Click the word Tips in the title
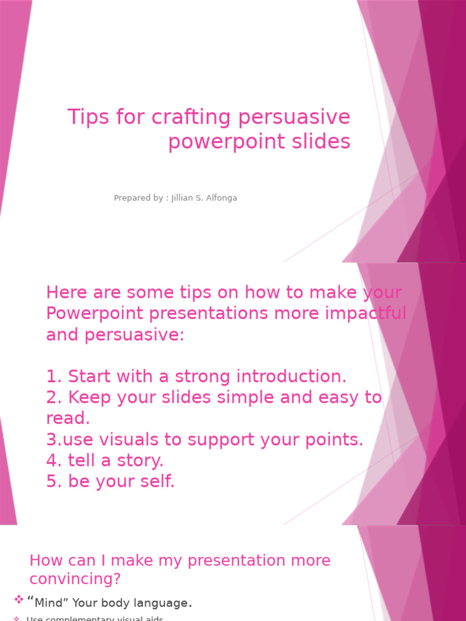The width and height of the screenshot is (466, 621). tap(86, 117)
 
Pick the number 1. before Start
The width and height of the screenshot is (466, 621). tap(55, 377)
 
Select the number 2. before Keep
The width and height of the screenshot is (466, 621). tap(55, 398)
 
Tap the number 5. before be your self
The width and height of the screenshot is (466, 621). tap(55, 482)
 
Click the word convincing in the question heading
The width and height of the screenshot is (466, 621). tap(75, 579)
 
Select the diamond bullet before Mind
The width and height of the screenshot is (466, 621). tap(19, 600)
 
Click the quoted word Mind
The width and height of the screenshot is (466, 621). tap(50, 603)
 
